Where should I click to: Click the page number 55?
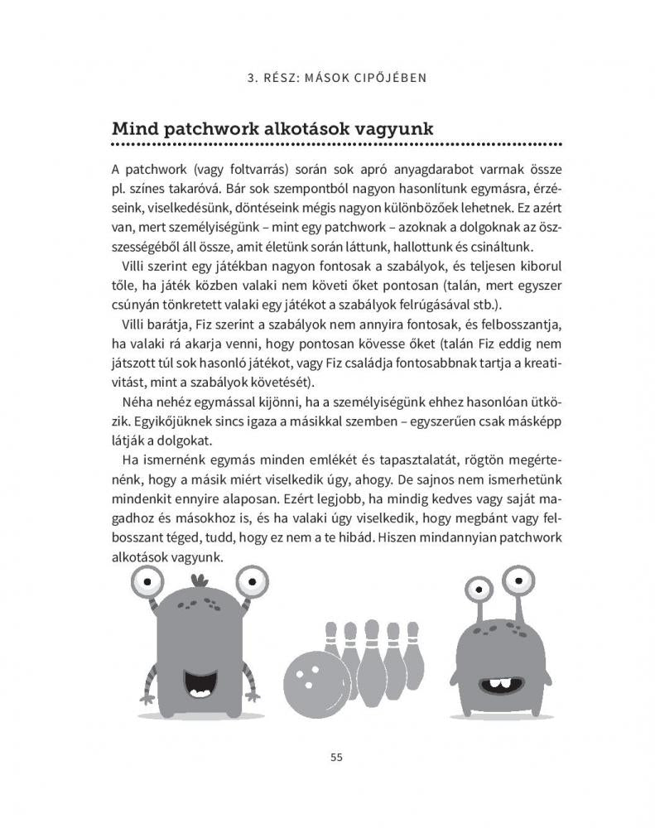point(336,756)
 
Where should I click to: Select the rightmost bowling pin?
point(413,654)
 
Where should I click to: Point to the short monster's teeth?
point(498,684)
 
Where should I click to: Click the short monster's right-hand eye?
point(519,582)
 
